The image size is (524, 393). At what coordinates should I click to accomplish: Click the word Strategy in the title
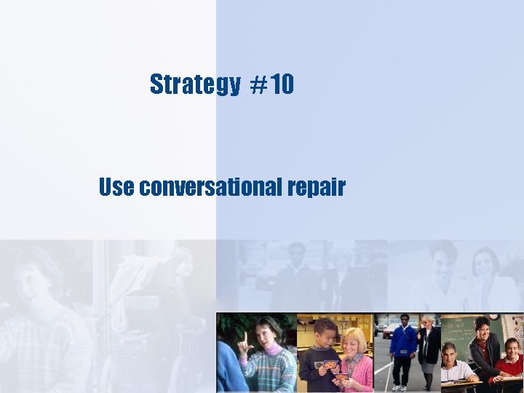(194, 85)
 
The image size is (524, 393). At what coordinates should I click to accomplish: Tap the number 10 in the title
(284, 85)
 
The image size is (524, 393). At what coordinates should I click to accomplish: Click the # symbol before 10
(258, 86)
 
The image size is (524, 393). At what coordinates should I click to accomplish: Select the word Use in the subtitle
(116, 187)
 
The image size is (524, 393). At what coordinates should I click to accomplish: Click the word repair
(316, 188)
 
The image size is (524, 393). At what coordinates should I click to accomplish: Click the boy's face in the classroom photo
(325, 334)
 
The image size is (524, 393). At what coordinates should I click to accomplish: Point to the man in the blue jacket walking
(402, 346)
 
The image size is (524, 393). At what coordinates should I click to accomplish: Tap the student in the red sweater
(511, 362)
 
